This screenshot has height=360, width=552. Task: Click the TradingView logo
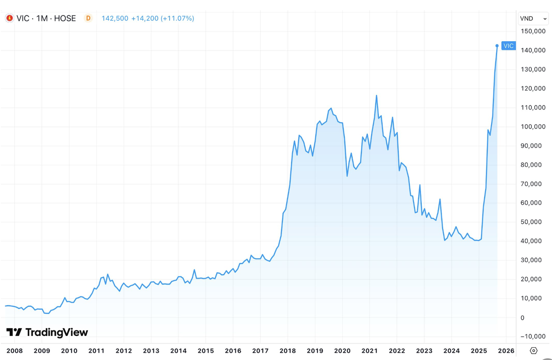(x=47, y=332)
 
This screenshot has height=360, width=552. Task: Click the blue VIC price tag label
(x=508, y=46)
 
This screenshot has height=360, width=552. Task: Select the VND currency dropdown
(x=533, y=18)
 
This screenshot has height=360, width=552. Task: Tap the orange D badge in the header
(x=88, y=18)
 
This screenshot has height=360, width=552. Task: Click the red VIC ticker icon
(x=9, y=18)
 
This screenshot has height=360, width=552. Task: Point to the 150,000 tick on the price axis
(x=533, y=31)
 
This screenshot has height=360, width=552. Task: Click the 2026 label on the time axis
(x=506, y=351)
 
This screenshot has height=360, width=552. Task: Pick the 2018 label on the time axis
(x=288, y=351)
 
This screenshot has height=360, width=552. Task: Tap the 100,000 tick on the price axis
(x=533, y=127)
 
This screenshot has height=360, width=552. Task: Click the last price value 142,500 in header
(x=114, y=18)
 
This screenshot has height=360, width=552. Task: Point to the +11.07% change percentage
(x=177, y=18)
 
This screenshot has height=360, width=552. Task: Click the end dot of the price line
(x=497, y=45)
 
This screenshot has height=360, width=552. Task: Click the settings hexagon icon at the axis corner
(x=534, y=351)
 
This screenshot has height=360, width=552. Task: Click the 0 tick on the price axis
(x=523, y=318)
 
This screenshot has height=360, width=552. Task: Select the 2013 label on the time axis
(x=151, y=351)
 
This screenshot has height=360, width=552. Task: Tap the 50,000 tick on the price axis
(x=533, y=222)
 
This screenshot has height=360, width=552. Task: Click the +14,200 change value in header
(x=144, y=18)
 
